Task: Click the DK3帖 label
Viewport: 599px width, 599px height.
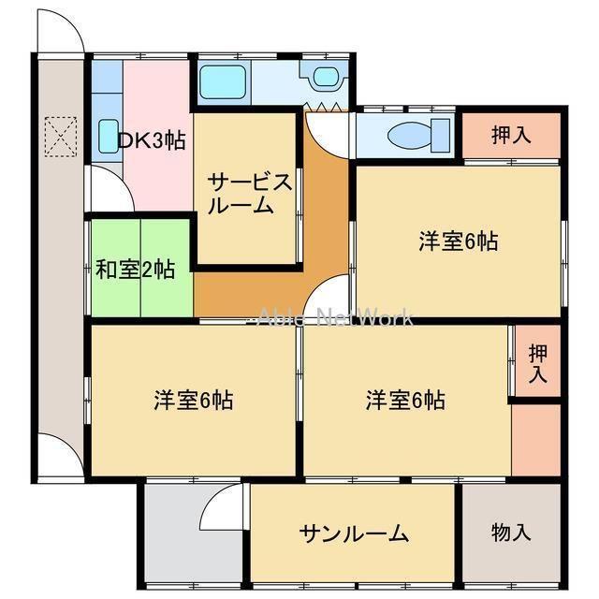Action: (x=152, y=140)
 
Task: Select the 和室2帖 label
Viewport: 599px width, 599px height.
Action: (x=136, y=270)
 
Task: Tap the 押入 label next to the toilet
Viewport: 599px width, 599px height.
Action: (x=512, y=134)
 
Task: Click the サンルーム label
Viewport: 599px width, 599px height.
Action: (x=354, y=533)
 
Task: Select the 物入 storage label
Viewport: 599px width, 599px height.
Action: (x=512, y=533)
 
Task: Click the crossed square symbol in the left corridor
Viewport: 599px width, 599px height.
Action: (x=61, y=136)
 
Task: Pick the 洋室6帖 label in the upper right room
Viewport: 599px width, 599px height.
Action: (x=458, y=241)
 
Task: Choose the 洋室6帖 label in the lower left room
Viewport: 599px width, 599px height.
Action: (x=194, y=401)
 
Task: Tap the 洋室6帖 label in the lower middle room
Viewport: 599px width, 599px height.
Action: (x=405, y=401)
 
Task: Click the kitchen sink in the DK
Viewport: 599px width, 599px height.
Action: (x=108, y=137)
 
